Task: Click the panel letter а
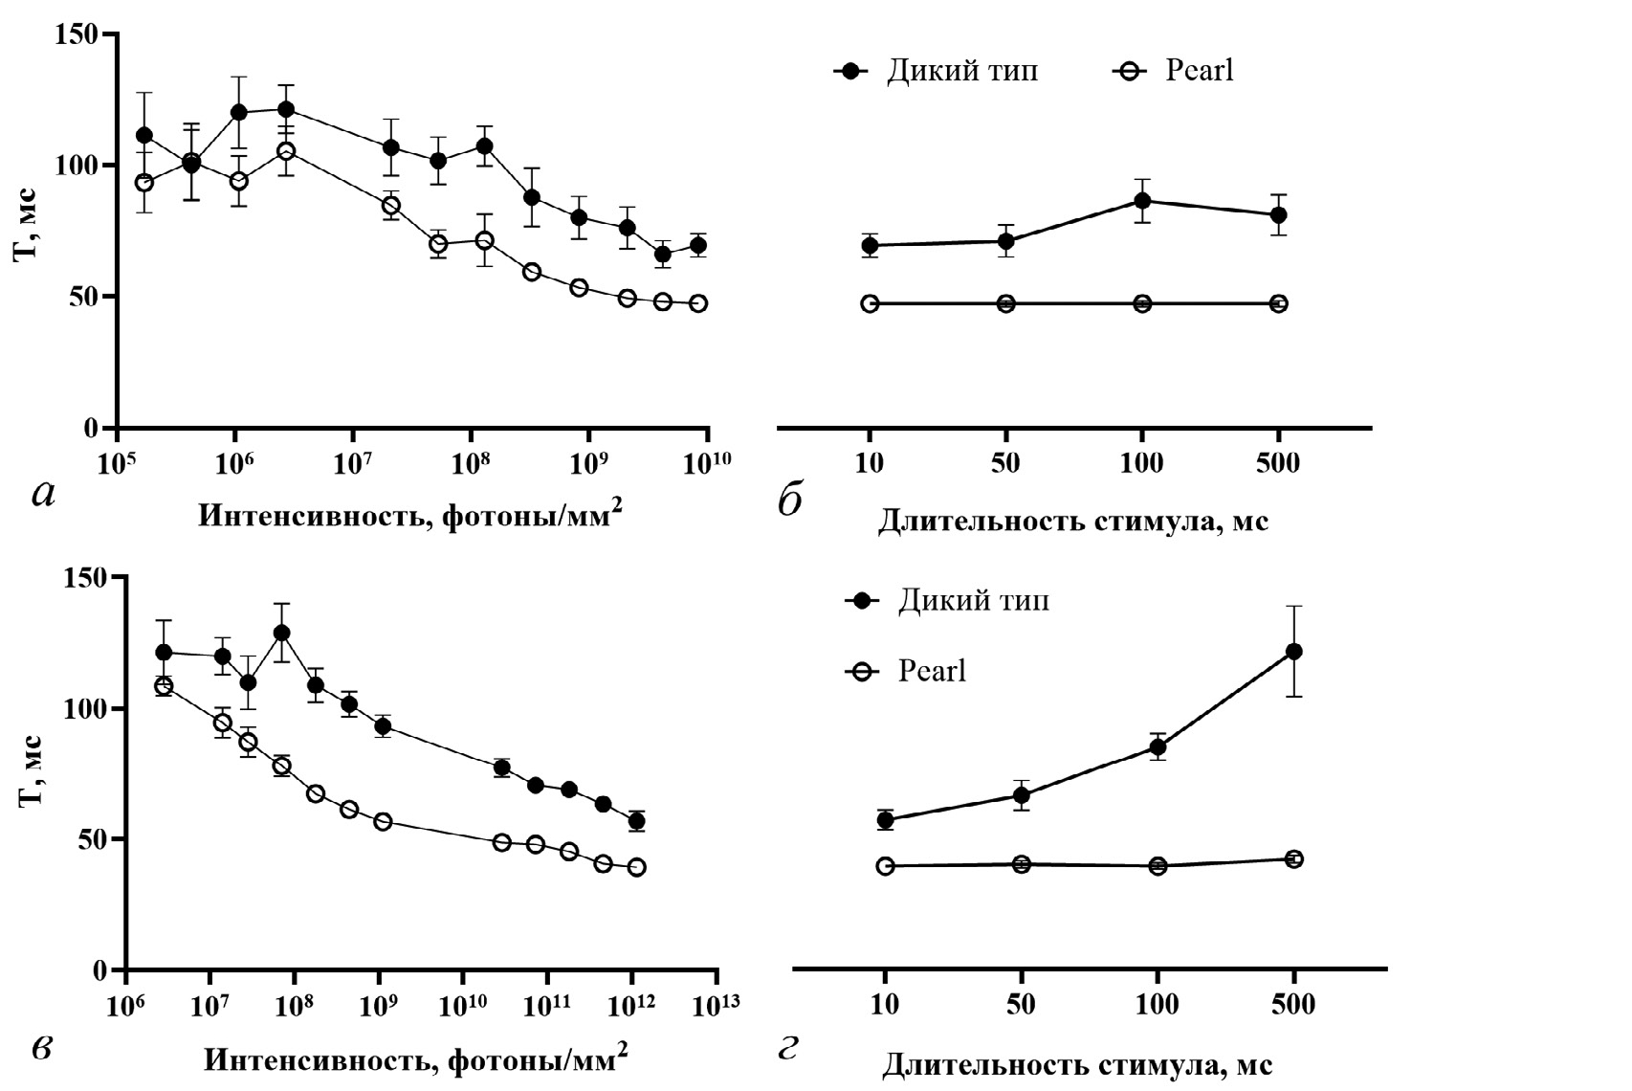[44, 494]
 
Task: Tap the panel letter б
[790, 501]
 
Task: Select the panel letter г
[788, 1049]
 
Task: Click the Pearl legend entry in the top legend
[1199, 71]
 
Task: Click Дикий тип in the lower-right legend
[973, 601]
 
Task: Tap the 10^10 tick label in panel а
[708, 464]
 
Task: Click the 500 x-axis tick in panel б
[1278, 464]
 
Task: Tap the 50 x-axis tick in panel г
[1022, 1006]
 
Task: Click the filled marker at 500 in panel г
[1293, 652]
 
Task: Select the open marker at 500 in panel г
[1293, 859]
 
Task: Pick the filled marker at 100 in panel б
[1142, 201]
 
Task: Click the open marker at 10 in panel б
[870, 304]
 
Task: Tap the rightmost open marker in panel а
[698, 303]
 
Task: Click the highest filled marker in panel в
[281, 633]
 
